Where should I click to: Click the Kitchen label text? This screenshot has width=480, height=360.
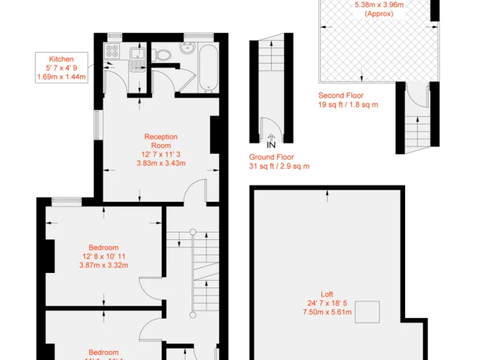[61, 59]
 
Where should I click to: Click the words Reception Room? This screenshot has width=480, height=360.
[161, 141]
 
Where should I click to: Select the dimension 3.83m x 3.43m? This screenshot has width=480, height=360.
[161, 163]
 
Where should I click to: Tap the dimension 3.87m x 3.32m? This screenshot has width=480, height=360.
[103, 265]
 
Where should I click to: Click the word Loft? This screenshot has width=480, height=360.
[327, 294]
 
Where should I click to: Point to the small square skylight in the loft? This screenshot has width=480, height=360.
[367, 312]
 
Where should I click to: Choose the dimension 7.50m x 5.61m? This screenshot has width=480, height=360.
[327, 312]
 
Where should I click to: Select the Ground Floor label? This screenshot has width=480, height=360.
[271, 157]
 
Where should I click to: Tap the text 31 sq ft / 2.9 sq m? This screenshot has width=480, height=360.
[279, 166]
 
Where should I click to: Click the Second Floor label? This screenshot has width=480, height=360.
[341, 96]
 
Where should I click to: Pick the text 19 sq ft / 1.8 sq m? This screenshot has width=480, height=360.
[348, 105]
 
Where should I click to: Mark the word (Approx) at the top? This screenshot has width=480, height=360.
[379, 13]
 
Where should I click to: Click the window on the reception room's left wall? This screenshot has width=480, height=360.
[97, 125]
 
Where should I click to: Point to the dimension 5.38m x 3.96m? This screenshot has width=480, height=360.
[379, 4]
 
